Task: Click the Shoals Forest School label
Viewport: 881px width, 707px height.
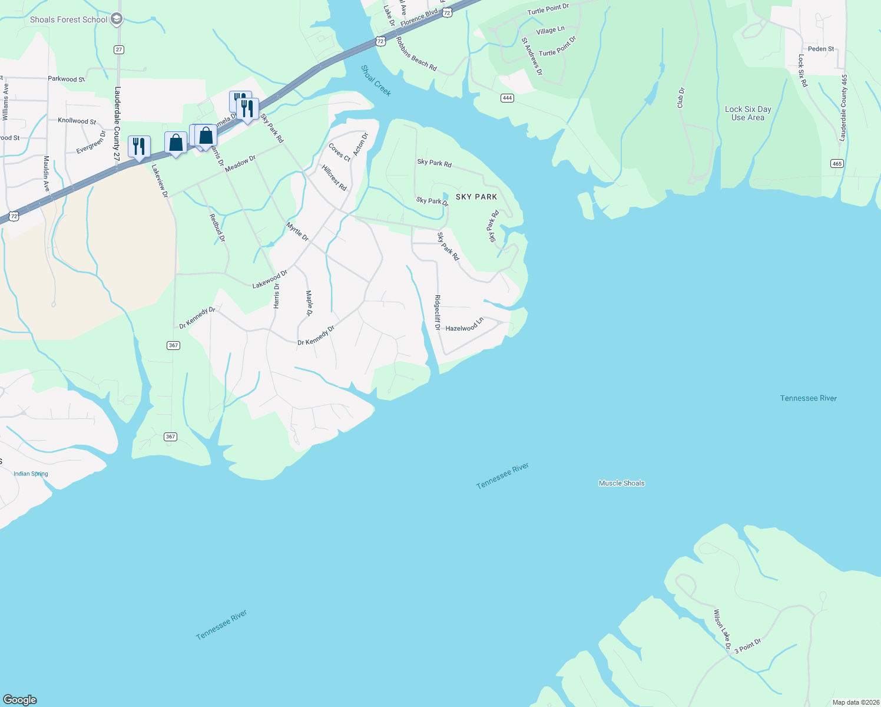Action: (68, 20)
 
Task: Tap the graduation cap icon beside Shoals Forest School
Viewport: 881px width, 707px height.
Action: (117, 19)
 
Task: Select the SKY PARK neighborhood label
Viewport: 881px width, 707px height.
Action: (476, 197)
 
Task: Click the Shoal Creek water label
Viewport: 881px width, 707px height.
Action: (376, 81)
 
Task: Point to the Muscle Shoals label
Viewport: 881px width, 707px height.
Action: (621, 483)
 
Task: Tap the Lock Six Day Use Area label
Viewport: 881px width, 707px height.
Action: (748, 113)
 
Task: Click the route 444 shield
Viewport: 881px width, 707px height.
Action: (507, 98)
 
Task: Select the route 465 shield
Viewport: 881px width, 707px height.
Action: (837, 163)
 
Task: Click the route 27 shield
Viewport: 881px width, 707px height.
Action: (119, 49)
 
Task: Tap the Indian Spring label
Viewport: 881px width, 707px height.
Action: (31, 474)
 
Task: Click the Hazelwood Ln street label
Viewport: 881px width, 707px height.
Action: (464, 325)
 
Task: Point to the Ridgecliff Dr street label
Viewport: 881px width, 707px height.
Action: (437, 312)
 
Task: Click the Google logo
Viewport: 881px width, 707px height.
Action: (20, 700)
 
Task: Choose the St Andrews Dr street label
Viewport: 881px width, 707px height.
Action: (532, 57)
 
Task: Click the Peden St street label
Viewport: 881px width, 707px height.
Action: (820, 49)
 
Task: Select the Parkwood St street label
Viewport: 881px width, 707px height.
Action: (66, 79)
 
